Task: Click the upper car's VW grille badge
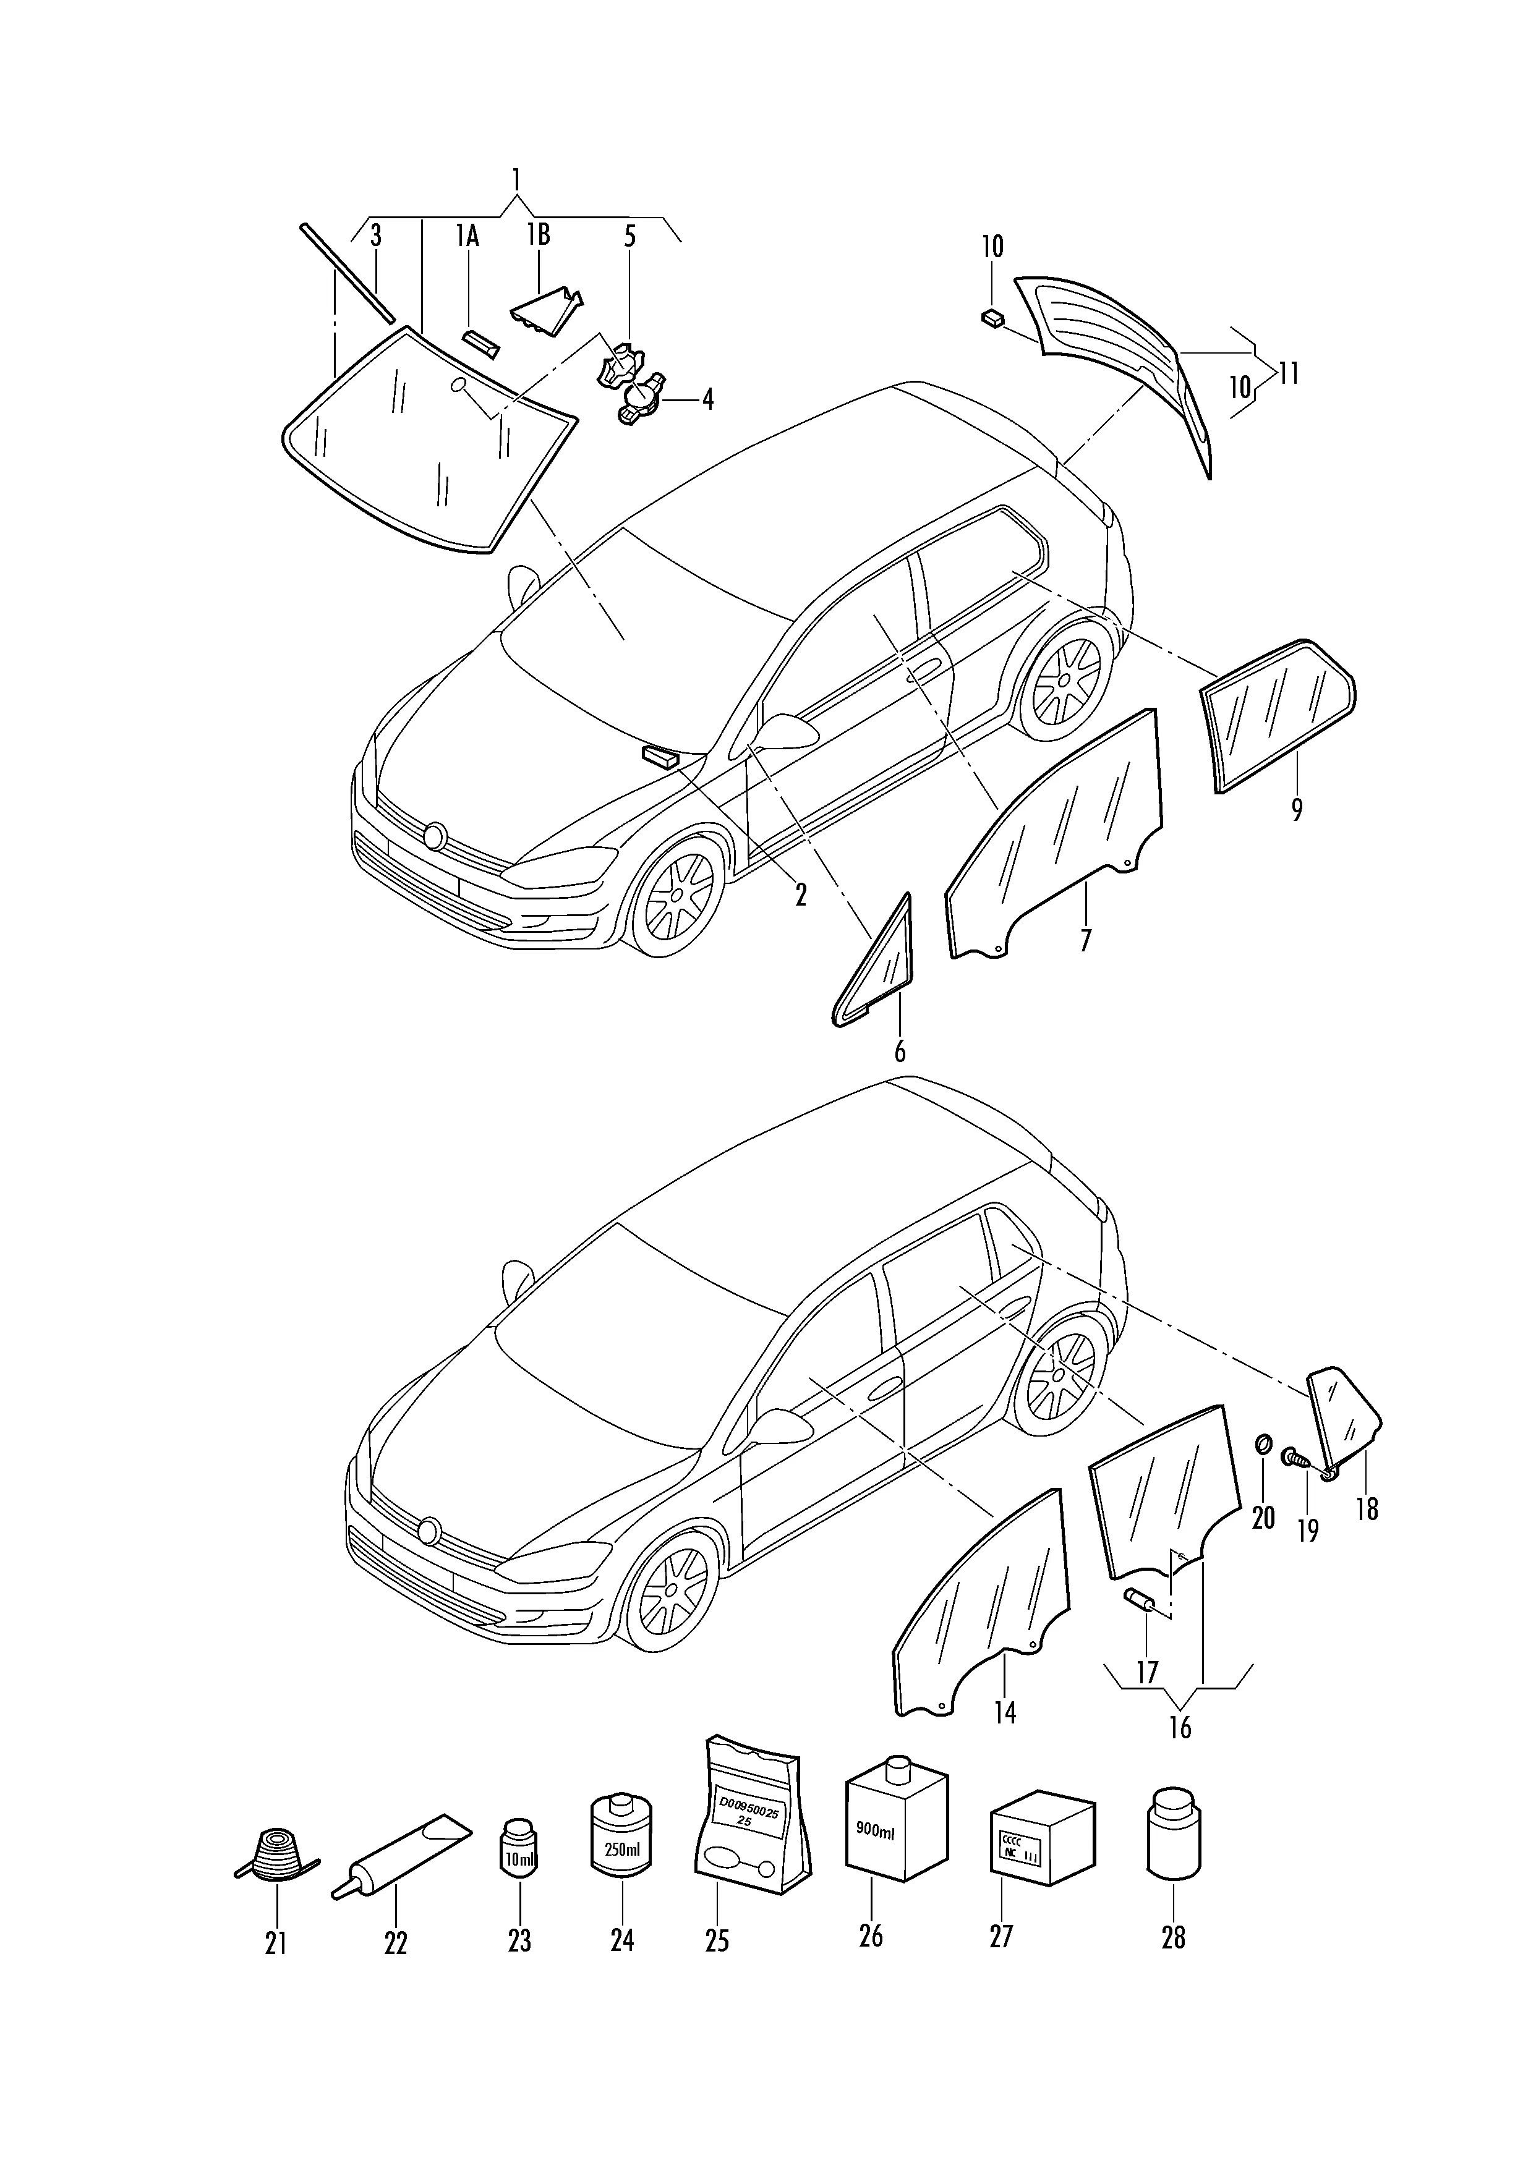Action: (x=435, y=835)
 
